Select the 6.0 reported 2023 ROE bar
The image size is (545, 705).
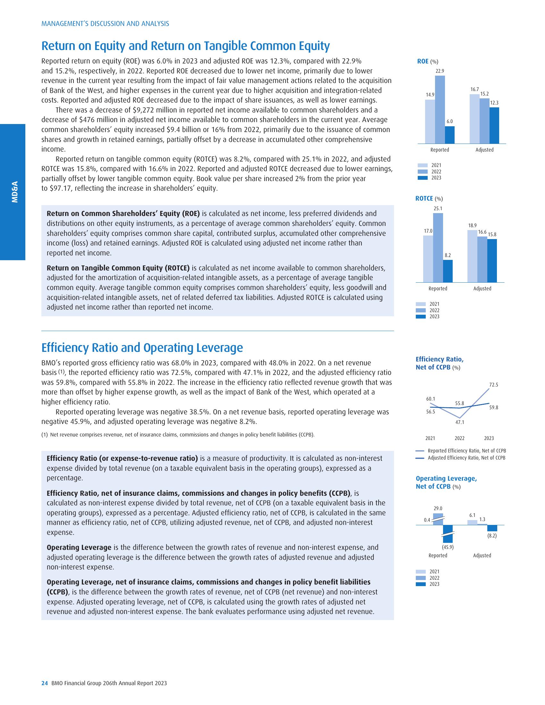(450, 135)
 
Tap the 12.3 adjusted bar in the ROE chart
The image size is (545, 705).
(494, 125)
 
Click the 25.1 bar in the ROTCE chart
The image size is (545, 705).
(438, 247)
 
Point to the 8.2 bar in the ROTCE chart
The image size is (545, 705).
(448, 271)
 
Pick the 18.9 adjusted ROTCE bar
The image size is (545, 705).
(472, 256)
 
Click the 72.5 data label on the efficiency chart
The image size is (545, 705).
(494, 385)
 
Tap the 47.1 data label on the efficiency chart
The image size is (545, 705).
(460, 422)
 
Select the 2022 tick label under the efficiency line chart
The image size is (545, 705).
(460, 438)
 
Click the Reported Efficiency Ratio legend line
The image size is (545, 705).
(420, 451)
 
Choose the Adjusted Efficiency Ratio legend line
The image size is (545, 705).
(420, 458)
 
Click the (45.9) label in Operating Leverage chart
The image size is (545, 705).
(448, 547)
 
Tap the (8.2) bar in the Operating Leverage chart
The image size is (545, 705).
(492, 528)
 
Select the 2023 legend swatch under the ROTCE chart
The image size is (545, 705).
(421, 317)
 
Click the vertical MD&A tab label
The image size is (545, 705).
(14, 192)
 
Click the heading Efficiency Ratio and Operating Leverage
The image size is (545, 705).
(142, 348)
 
